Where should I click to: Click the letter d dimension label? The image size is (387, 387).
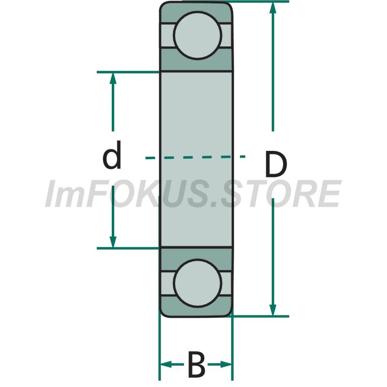coord(112,155)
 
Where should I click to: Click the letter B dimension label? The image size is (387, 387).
coord(196,364)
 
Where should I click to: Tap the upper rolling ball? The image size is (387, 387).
coord(197,35)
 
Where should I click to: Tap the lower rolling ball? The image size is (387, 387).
coord(197,283)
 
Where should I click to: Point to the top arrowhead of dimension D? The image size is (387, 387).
coord(273,7)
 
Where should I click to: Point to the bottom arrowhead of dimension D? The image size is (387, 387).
coord(273,310)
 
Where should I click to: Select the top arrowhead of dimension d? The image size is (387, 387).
coord(113,78)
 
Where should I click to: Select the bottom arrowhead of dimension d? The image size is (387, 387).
coord(113,242)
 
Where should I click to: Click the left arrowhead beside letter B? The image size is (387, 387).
coord(166,364)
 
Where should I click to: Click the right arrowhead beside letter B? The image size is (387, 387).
coord(226,364)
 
